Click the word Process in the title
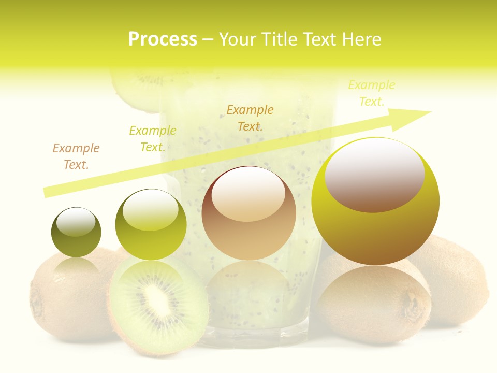click(x=163, y=39)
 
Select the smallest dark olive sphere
click(x=76, y=233)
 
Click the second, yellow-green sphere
click(x=151, y=226)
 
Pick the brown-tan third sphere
click(x=249, y=213)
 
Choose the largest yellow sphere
click(x=375, y=202)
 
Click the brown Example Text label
click(x=76, y=156)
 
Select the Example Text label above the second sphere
click(x=153, y=138)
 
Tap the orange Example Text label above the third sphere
click(x=250, y=118)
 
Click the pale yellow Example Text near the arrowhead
click(x=372, y=93)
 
